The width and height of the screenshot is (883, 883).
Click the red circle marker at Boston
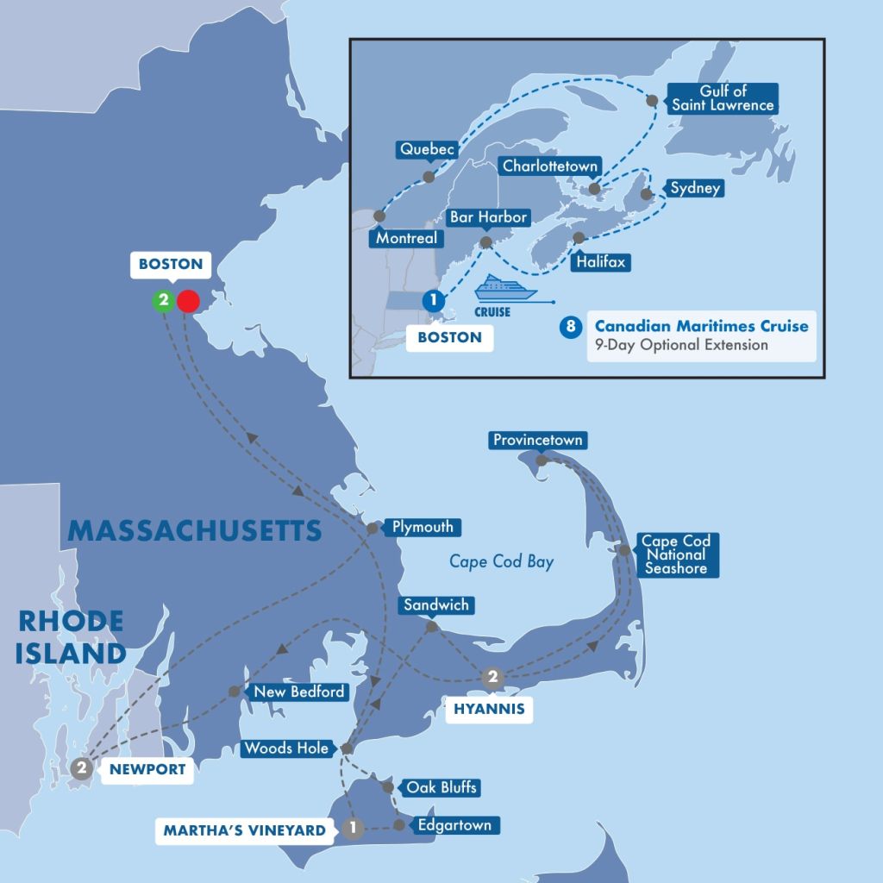187,301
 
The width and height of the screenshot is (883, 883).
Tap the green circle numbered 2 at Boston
161,301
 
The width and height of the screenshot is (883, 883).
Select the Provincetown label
538,441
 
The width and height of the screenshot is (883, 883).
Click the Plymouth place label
422,527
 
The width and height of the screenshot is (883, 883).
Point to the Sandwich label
436,604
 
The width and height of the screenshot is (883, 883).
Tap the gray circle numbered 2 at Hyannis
492,678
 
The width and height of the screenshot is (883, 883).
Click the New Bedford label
298,692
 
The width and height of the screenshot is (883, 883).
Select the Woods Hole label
285,748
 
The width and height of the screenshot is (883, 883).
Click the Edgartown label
454,825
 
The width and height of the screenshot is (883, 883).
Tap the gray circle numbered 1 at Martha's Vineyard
351,829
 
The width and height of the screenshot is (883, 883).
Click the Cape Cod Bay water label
501,561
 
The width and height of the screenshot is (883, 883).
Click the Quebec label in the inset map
425,149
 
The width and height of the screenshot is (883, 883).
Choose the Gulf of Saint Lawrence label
724,98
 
